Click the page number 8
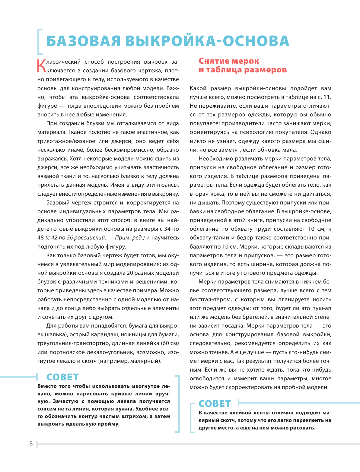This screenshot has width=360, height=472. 31,443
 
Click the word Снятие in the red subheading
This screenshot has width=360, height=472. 213,61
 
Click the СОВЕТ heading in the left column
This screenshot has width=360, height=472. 62,377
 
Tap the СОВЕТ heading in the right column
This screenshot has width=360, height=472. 215,404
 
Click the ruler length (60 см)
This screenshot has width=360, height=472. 170,343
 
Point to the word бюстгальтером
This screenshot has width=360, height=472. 210,299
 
